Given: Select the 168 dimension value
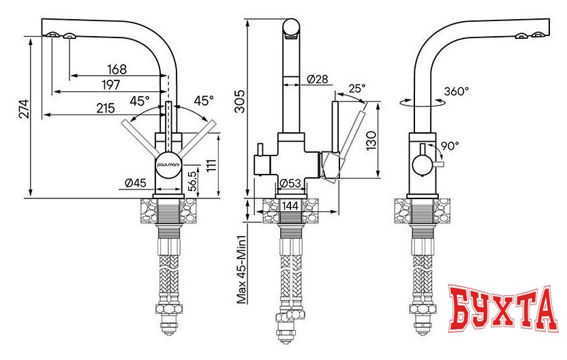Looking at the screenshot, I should pos(117,69).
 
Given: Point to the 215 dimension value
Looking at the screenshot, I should pos(105,108).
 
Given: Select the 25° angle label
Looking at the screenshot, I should pos(356,89).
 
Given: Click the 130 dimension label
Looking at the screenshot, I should pos(371,142).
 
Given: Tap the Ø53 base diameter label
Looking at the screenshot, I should pos(291,182).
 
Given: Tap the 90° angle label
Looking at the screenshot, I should pos(449,145).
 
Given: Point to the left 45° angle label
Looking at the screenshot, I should pos(139,101).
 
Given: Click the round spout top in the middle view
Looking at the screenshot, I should pos(291,29).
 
